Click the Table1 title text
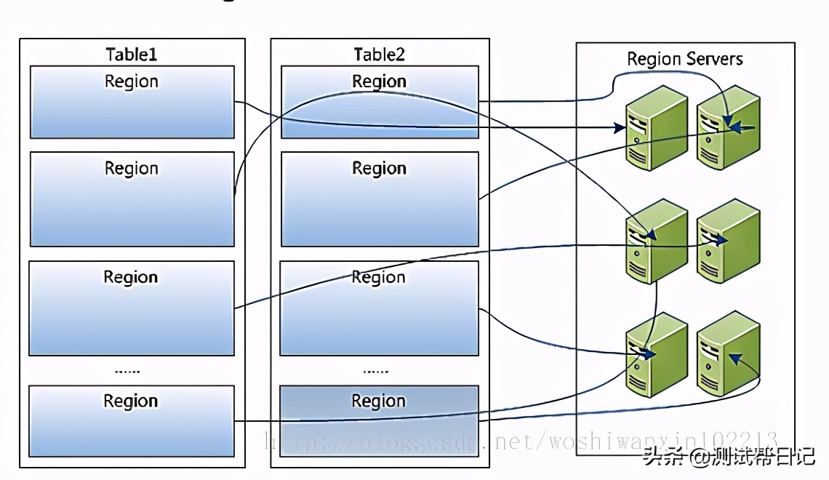[x=131, y=55]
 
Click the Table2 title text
[x=379, y=55]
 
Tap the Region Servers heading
[x=685, y=59]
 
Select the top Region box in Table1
[x=132, y=102]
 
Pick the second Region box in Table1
[x=132, y=199]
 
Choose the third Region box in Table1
[x=132, y=308]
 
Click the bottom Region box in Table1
[x=132, y=420]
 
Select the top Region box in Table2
[x=379, y=102]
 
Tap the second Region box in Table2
[x=379, y=199]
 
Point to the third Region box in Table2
[x=379, y=308]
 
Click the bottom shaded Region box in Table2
[x=379, y=420]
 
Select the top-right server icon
[x=728, y=127]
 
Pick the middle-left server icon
[x=657, y=241]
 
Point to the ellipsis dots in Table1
[x=128, y=371]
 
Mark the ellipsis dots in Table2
[x=376, y=371]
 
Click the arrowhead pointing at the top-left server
[x=620, y=129]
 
